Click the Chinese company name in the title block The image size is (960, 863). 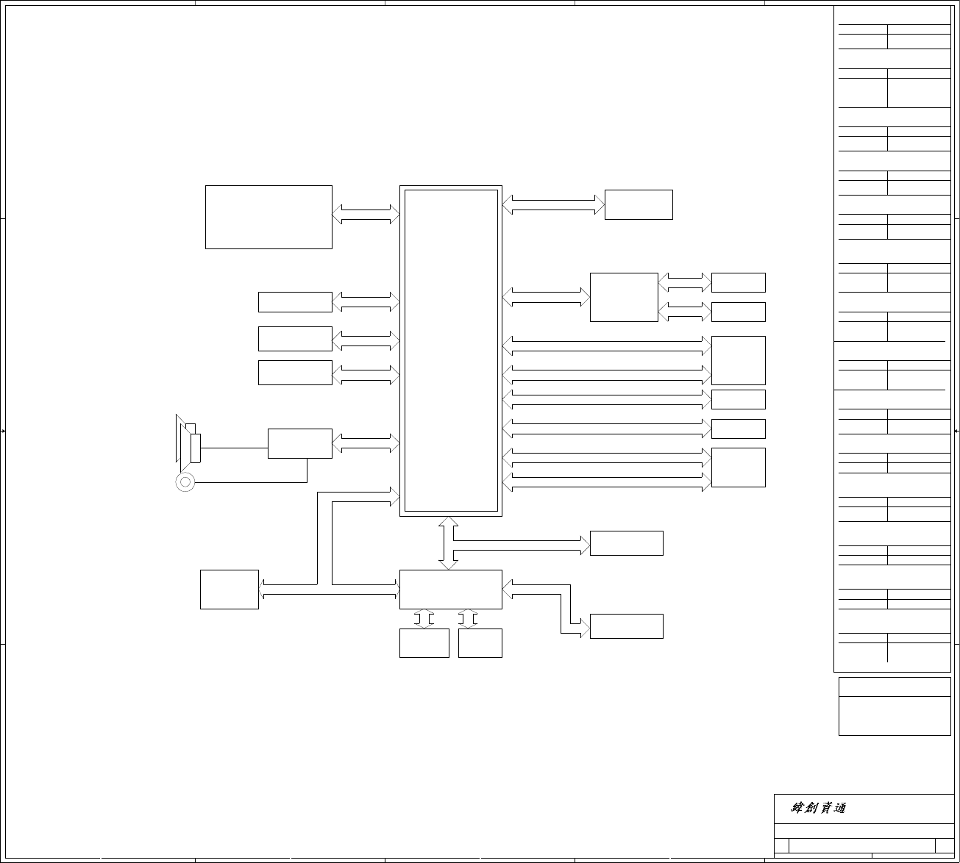pyautogui.click(x=818, y=808)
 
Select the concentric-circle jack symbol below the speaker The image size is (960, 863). pyautogui.click(x=185, y=481)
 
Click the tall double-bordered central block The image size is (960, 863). pyautogui.click(x=451, y=351)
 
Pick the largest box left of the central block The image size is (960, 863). pyautogui.click(x=269, y=217)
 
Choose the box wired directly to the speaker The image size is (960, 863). pyautogui.click(x=299, y=443)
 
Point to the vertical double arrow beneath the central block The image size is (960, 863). pyautogui.click(x=448, y=543)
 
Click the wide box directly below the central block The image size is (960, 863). pyautogui.click(x=450, y=589)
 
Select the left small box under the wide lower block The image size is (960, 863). pyautogui.click(x=424, y=643)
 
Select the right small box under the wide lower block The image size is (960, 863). pyautogui.click(x=480, y=643)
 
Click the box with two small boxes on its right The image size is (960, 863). pyautogui.click(x=624, y=297)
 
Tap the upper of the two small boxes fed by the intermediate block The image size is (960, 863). pyautogui.click(x=738, y=282)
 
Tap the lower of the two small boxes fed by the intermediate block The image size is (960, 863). pyautogui.click(x=738, y=312)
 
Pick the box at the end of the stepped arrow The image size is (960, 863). pyautogui.click(x=626, y=626)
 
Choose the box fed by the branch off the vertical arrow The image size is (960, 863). pyautogui.click(x=626, y=543)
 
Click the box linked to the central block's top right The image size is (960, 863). pyautogui.click(x=639, y=204)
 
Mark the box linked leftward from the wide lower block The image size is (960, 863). pyautogui.click(x=229, y=590)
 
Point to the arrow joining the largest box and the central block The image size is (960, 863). pyautogui.click(x=366, y=214)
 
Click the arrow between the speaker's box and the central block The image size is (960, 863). pyautogui.click(x=366, y=443)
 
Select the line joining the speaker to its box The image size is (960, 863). pyautogui.click(x=234, y=448)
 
